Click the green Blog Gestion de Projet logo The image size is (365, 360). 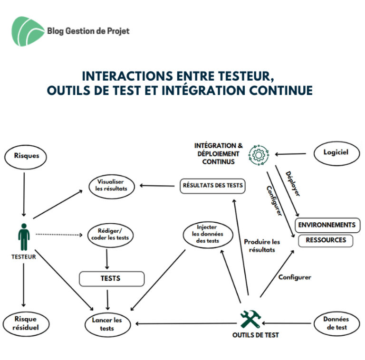28,31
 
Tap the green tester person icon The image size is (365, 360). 24,237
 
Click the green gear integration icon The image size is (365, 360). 259,155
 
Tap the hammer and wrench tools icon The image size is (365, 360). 251,319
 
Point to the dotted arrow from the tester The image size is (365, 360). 59,235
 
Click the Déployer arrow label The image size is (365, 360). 293,184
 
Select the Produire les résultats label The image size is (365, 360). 262,246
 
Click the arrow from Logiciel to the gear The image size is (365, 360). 290,154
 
